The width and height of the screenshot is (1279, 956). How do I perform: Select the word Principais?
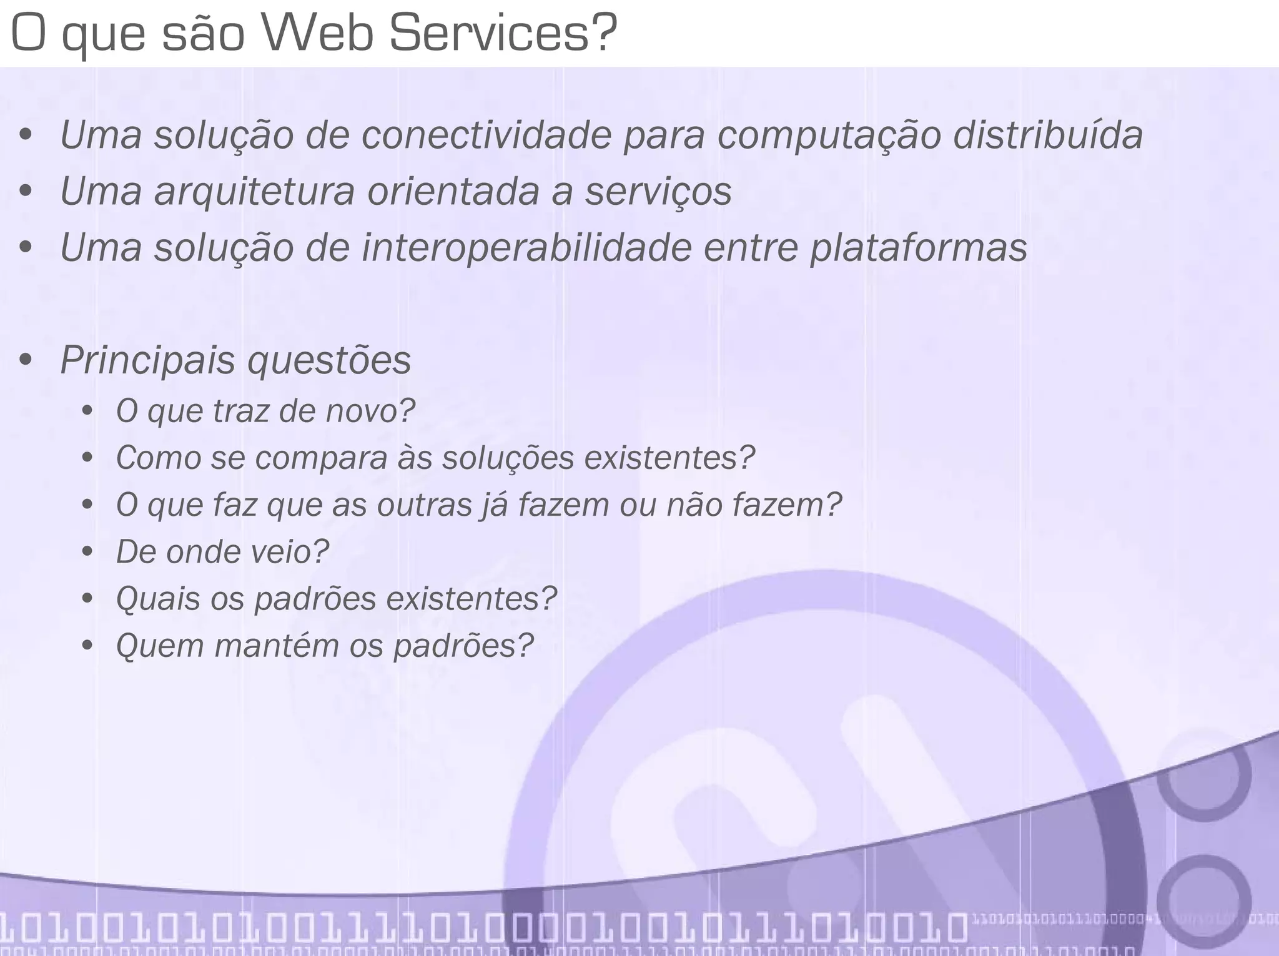click(x=147, y=360)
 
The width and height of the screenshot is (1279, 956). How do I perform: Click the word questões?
click(x=329, y=360)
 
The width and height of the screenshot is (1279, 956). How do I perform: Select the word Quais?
click(x=159, y=598)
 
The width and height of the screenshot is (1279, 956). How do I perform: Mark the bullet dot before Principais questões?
click(x=26, y=360)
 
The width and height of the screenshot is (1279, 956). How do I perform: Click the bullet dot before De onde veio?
click(x=87, y=552)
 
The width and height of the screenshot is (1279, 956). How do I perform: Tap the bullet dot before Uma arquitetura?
click(x=26, y=191)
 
